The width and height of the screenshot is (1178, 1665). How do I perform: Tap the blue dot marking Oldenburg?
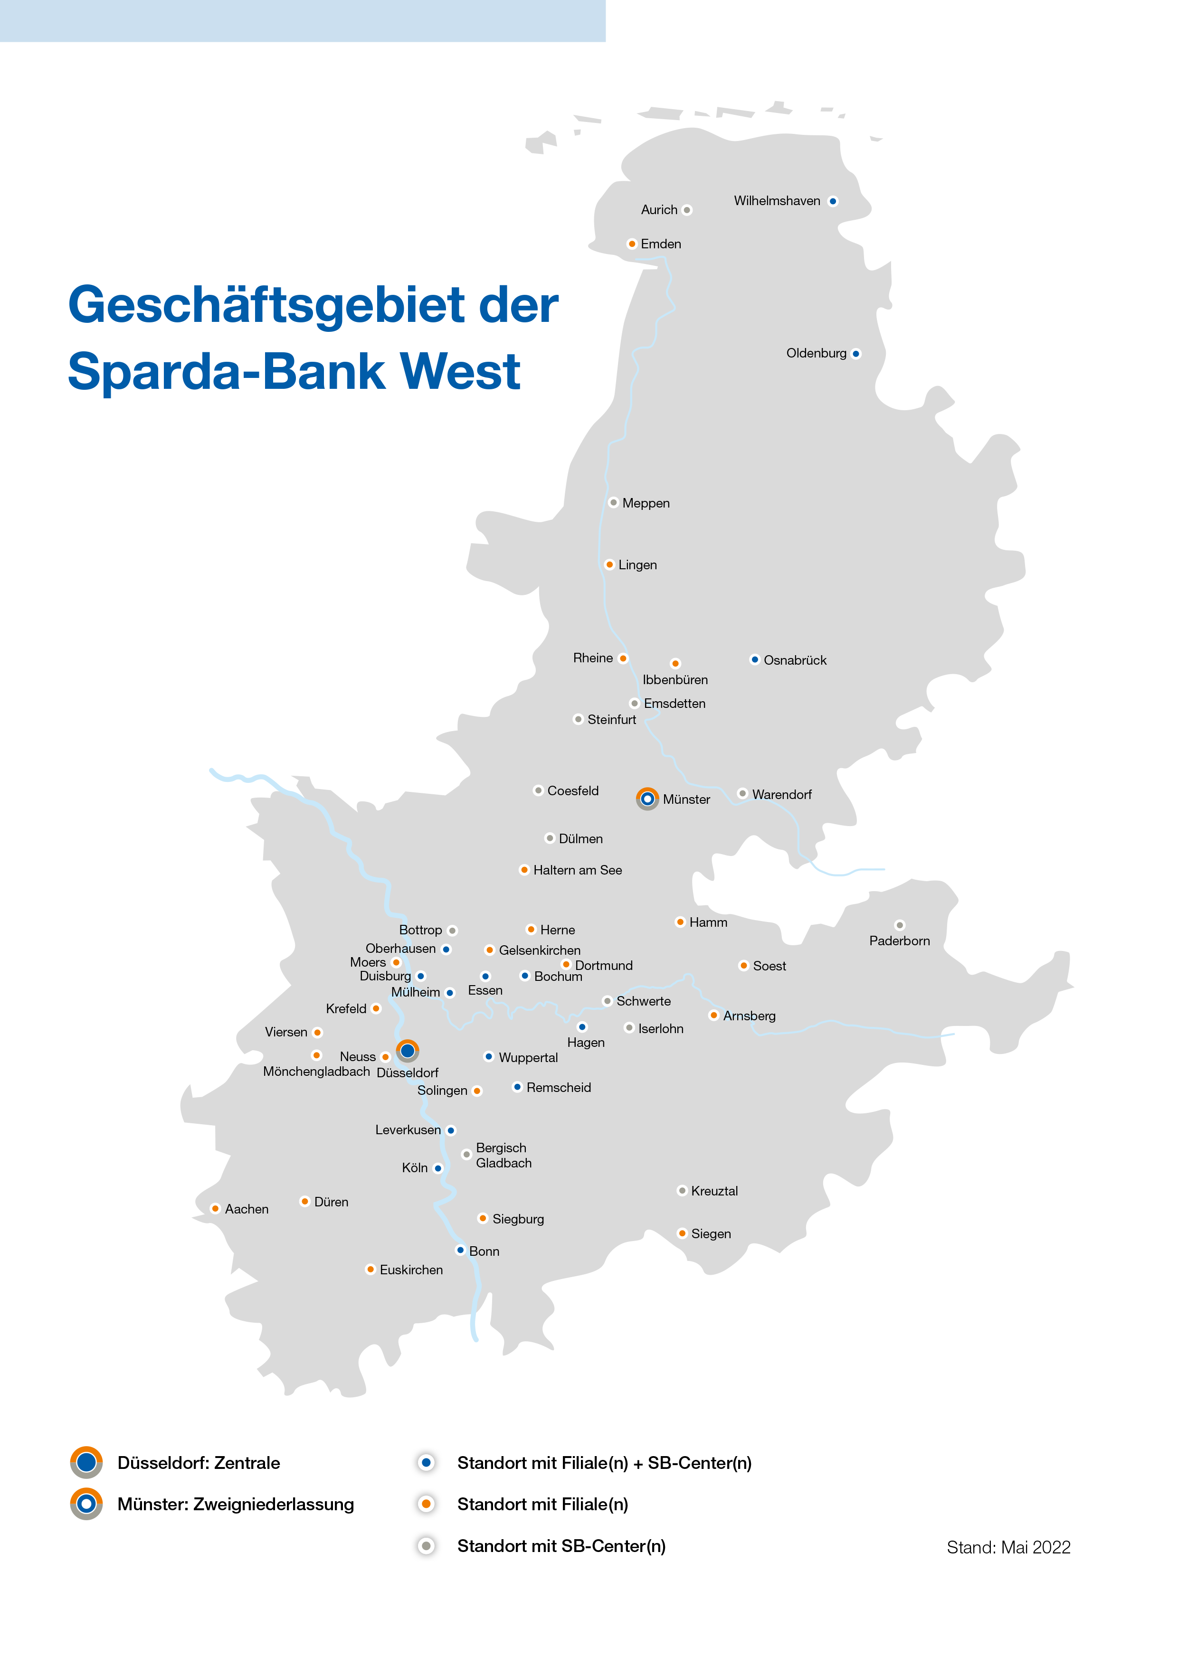pyautogui.click(x=856, y=354)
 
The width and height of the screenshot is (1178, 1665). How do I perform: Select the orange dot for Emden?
pyautogui.click(x=632, y=244)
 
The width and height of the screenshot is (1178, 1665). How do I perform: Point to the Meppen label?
pyautogui.click(x=646, y=503)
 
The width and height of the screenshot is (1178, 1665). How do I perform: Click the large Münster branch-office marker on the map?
pyautogui.click(x=647, y=799)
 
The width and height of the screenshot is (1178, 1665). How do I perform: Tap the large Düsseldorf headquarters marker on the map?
pyautogui.click(x=408, y=1051)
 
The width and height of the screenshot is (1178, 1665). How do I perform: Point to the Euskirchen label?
pyautogui.click(x=411, y=1270)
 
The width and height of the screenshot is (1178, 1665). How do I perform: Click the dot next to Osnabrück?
pyautogui.click(x=754, y=660)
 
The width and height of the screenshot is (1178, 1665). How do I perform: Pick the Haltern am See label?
pyautogui.click(x=578, y=870)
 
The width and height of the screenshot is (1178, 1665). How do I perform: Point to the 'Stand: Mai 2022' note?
pyautogui.click(x=1008, y=1548)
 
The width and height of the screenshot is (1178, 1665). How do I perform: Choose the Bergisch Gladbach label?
pyautogui.click(x=503, y=1155)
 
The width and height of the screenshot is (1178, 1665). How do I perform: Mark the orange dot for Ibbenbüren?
pyautogui.click(x=675, y=664)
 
